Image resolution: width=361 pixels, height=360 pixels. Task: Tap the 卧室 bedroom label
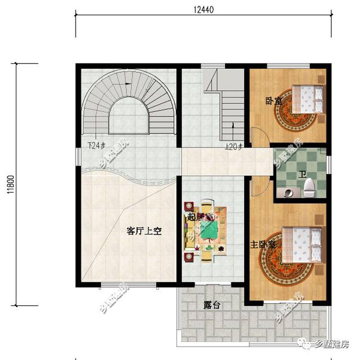pos(274,101)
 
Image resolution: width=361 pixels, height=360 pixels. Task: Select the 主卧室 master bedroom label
pos(263,245)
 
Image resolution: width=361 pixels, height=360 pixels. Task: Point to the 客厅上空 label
pos(144,230)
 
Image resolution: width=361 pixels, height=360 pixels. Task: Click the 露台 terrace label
pos(212,305)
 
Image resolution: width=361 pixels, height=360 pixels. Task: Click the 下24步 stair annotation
pos(97,145)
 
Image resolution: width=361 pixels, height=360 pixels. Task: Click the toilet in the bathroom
pos(309,186)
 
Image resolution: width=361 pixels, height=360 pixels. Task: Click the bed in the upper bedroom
pos(308,99)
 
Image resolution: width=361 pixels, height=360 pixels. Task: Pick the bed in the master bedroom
pos(302,244)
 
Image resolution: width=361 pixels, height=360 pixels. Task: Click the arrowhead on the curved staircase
pos(129,84)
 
